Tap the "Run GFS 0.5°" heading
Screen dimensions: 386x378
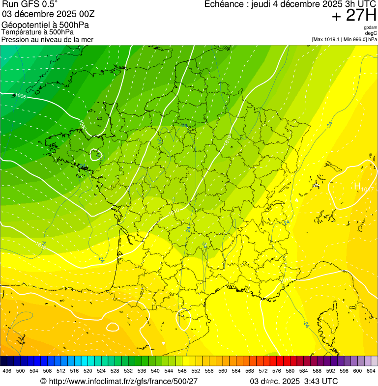coord(29,4)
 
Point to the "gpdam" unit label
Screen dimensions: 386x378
coord(370,28)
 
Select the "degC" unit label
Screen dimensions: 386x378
coord(371,33)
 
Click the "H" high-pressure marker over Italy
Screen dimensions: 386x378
coord(357,186)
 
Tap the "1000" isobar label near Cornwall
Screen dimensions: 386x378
coord(21,96)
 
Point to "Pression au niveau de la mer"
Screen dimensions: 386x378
coord(47,39)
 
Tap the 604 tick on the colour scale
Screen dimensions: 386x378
coord(371,371)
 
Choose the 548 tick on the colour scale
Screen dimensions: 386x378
coord(182,371)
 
